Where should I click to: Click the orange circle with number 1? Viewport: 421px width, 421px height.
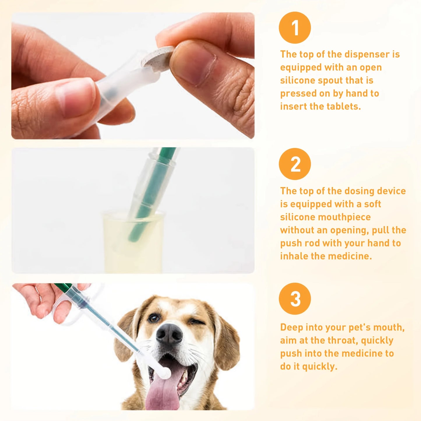(295, 28)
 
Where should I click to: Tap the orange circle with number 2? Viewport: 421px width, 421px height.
(295, 164)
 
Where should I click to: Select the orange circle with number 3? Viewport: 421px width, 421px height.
(295, 299)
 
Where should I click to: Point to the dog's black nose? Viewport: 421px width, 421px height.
(169, 334)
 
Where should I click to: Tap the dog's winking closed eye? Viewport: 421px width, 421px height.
(194, 322)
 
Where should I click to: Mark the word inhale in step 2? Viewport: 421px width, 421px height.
(294, 256)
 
